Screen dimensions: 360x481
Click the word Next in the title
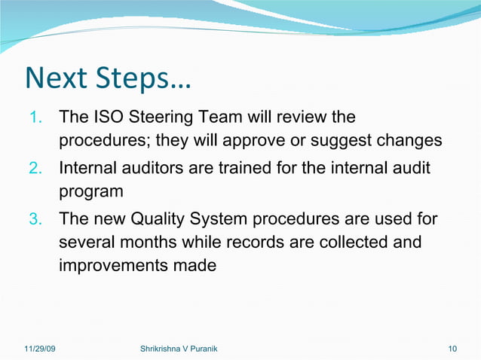[58, 79]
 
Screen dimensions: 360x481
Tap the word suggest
[346, 142]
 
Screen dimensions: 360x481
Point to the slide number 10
[452, 348]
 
